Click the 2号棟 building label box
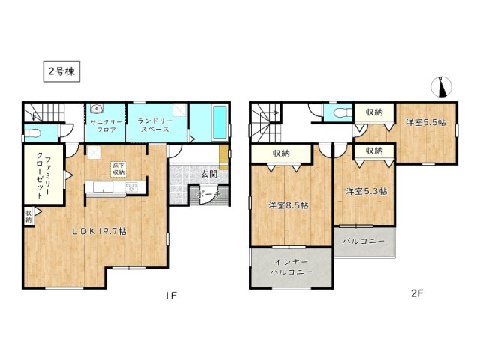(60, 72)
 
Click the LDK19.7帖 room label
(98, 231)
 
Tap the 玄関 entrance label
(208, 175)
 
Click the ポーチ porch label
(207, 194)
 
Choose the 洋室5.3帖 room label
(366, 192)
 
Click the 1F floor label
(170, 295)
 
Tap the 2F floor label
(417, 295)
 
